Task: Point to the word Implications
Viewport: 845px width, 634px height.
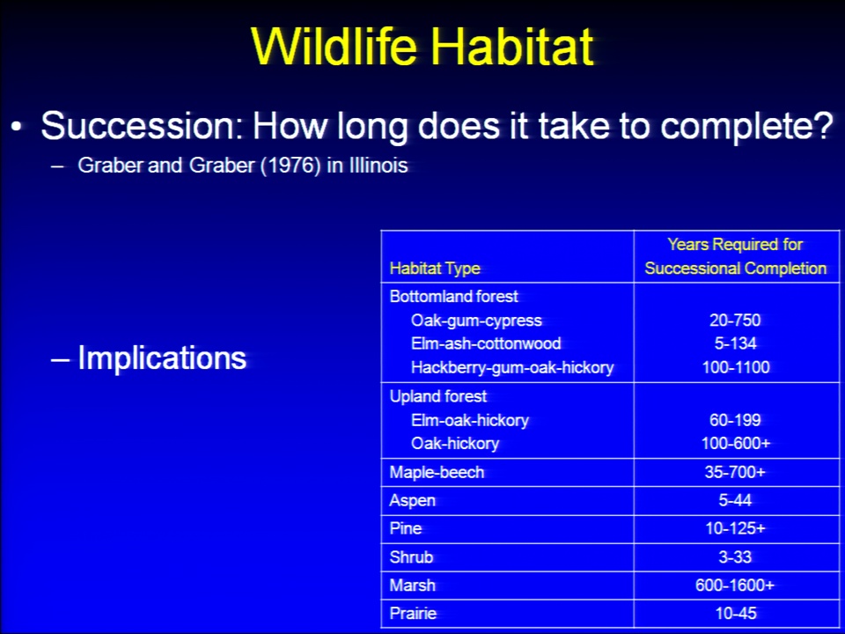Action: (x=162, y=358)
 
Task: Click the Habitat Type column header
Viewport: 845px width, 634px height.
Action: (x=435, y=269)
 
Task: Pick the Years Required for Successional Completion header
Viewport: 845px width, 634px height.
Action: (x=736, y=256)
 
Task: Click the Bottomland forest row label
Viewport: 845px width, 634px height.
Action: (x=454, y=296)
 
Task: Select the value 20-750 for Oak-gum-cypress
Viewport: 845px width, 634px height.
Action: (x=735, y=321)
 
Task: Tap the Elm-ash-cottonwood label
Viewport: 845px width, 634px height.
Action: (x=486, y=343)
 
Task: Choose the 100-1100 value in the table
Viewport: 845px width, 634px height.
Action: (x=736, y=368)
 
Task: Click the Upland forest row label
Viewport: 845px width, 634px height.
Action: (x=438, y=396)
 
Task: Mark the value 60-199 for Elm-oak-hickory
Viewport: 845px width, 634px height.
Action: (x=735, y=420)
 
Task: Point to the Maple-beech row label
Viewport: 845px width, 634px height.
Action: (x=437, y=472)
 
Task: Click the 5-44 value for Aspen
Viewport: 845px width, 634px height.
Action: (x=735, y=500)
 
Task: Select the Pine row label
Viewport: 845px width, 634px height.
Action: (x=405, y=528)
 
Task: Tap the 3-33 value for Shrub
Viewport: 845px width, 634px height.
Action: (x=735, y=557)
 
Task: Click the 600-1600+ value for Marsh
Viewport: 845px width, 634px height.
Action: (x=735, y=585)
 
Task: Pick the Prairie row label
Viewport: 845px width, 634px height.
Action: (x=413, y=613)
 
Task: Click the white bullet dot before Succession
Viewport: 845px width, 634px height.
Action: (x=17, y=127)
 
